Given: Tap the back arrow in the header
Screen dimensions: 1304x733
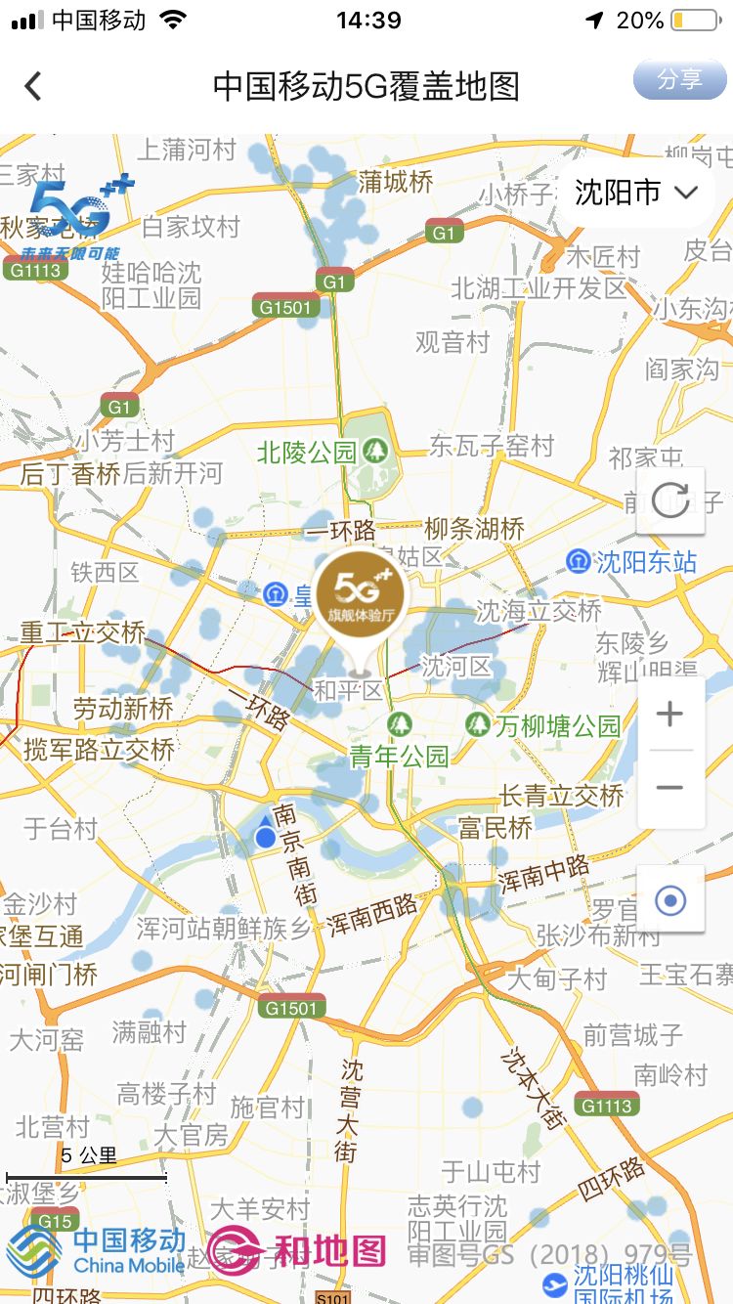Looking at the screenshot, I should pos(33,86).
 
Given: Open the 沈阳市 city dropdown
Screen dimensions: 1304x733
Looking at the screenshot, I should pos(635,193).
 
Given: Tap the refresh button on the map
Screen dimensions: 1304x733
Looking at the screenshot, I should pos(670,500).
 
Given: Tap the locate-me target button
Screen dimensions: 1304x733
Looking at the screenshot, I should pos(670,899).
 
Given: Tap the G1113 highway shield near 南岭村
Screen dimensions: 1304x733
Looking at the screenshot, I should pos(607,1106).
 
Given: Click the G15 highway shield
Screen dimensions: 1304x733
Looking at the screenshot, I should pos(54,1221).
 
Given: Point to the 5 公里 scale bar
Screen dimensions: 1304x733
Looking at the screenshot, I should pos(87,1176).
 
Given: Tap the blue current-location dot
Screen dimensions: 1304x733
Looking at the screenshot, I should pos(265,837).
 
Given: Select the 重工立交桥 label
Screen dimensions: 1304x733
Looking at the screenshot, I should pos(83,632).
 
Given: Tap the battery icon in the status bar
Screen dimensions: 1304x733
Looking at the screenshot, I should pos(693,21).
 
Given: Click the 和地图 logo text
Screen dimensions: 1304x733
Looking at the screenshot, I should pos(327,1251).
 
